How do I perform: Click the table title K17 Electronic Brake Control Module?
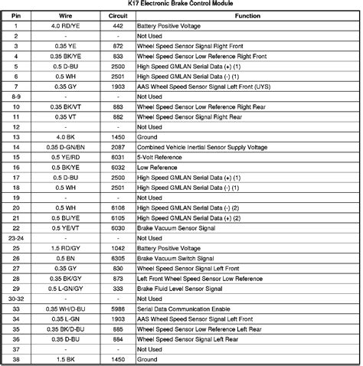tap(181, 5)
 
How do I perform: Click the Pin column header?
tap(16, 15)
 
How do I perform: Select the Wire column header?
tap(67, 15)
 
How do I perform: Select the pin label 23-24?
tap(16, 238)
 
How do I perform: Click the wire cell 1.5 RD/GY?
tap(67, 249)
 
